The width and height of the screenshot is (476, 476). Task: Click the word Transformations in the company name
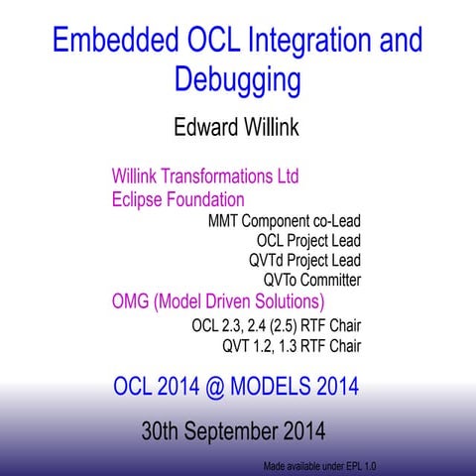tap(217, 178)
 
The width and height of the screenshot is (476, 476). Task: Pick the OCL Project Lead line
tap(307, 241)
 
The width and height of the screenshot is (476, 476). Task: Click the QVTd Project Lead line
tap(304, 261)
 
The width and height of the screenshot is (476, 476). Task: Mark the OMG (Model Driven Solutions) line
tap(218, 301)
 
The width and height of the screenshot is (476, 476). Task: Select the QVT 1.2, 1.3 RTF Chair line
tap(292, 346)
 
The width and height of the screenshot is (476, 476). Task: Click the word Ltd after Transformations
tap(286, 178)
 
